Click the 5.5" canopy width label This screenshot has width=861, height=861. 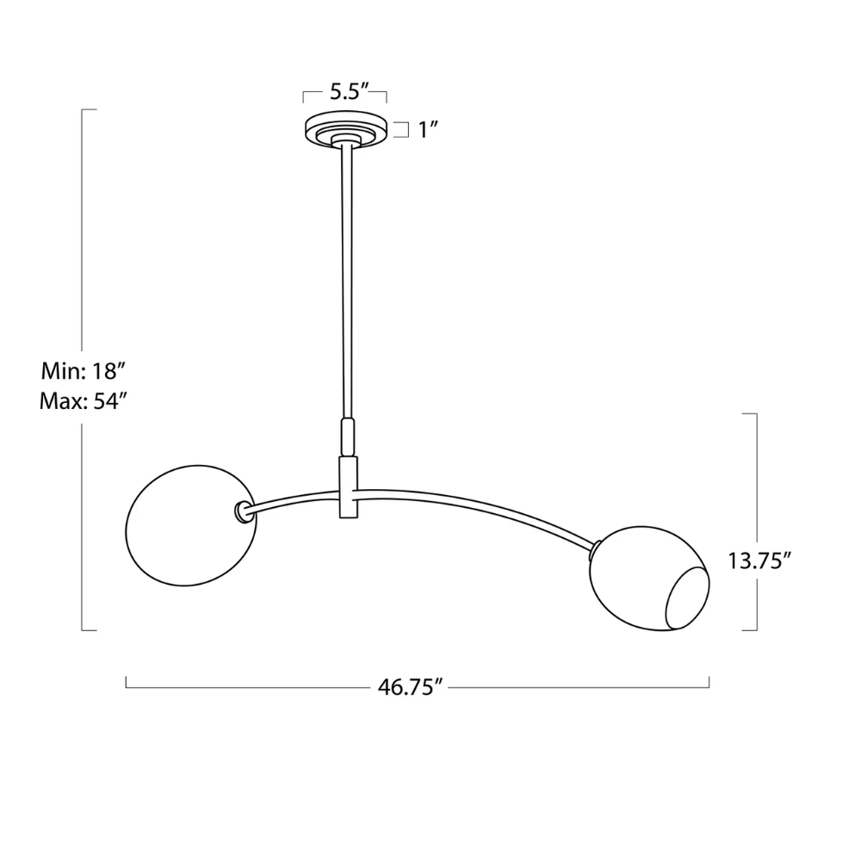pos(344,92)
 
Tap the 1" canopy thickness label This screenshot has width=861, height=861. pos(429,130)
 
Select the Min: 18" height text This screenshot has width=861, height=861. pos(84,372)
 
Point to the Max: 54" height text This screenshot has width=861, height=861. pos(84,401)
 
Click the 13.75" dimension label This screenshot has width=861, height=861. pos(759,561)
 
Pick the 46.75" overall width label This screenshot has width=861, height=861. pos(410,686)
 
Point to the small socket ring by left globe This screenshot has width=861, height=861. pos(241,513)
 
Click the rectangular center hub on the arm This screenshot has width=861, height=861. pos(348,487)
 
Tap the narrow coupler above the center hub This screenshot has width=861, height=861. pos(347,437)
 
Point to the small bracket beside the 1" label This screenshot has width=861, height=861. pos(401,130)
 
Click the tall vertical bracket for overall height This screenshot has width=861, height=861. pos(83,258)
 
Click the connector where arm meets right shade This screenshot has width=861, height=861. pos(595,543)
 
